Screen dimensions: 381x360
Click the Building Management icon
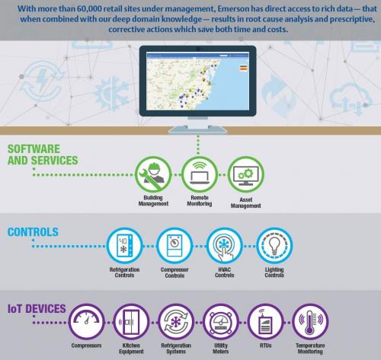click(153, 174)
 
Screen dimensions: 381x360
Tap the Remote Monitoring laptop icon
click(200, 174)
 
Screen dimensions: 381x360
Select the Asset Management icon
click(245, 174)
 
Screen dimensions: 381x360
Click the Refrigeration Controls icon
click(124, 246)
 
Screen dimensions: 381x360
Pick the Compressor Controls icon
click(174, 246)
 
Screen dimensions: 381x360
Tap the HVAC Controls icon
click(224, 246)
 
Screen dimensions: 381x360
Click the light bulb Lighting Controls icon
click(274, 246)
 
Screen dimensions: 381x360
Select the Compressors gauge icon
click(87, 322)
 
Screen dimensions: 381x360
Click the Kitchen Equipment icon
click(131, 322)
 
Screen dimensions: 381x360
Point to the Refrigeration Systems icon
click(176, 322)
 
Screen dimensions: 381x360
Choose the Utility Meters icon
click(221, 322)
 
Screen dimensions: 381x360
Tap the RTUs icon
click(266, 322)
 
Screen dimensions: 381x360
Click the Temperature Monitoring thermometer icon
click(310, 322)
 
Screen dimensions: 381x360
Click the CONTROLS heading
click(33, 232)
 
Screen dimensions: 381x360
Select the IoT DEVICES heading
click(37, 309)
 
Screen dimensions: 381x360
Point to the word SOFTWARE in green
click(34, 149)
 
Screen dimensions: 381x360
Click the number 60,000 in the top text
click(90, 9)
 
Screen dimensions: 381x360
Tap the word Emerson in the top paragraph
click(233, 9)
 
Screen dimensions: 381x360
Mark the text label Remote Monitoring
click(200, 200)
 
